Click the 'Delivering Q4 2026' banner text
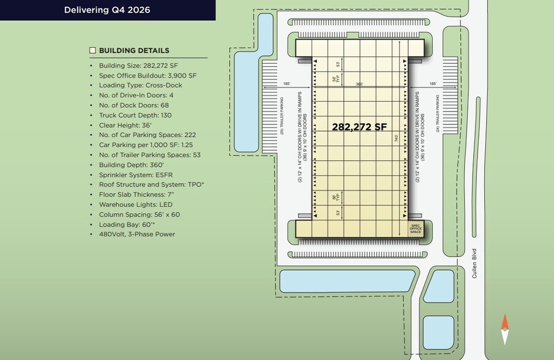tap(107, 10)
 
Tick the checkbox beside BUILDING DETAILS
tap(92, 51)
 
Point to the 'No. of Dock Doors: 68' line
tap(133, 105)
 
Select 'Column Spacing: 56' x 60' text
tap(139, 214)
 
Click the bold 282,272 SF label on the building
tap(359, 127)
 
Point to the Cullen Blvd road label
tap(474, 263)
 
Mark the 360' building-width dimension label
tap(360, 84)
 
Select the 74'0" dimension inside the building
tap(397, 138)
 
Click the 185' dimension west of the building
tap(286, 84)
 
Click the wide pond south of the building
tap(347, 281)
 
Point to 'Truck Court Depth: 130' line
tap(135, 115)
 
